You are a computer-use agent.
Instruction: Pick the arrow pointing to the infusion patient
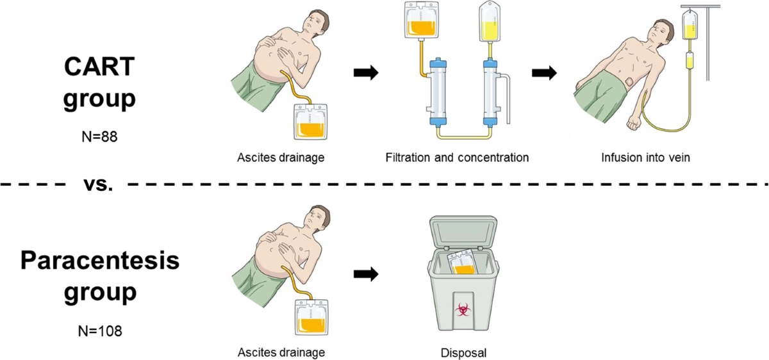tap(544, 73)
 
